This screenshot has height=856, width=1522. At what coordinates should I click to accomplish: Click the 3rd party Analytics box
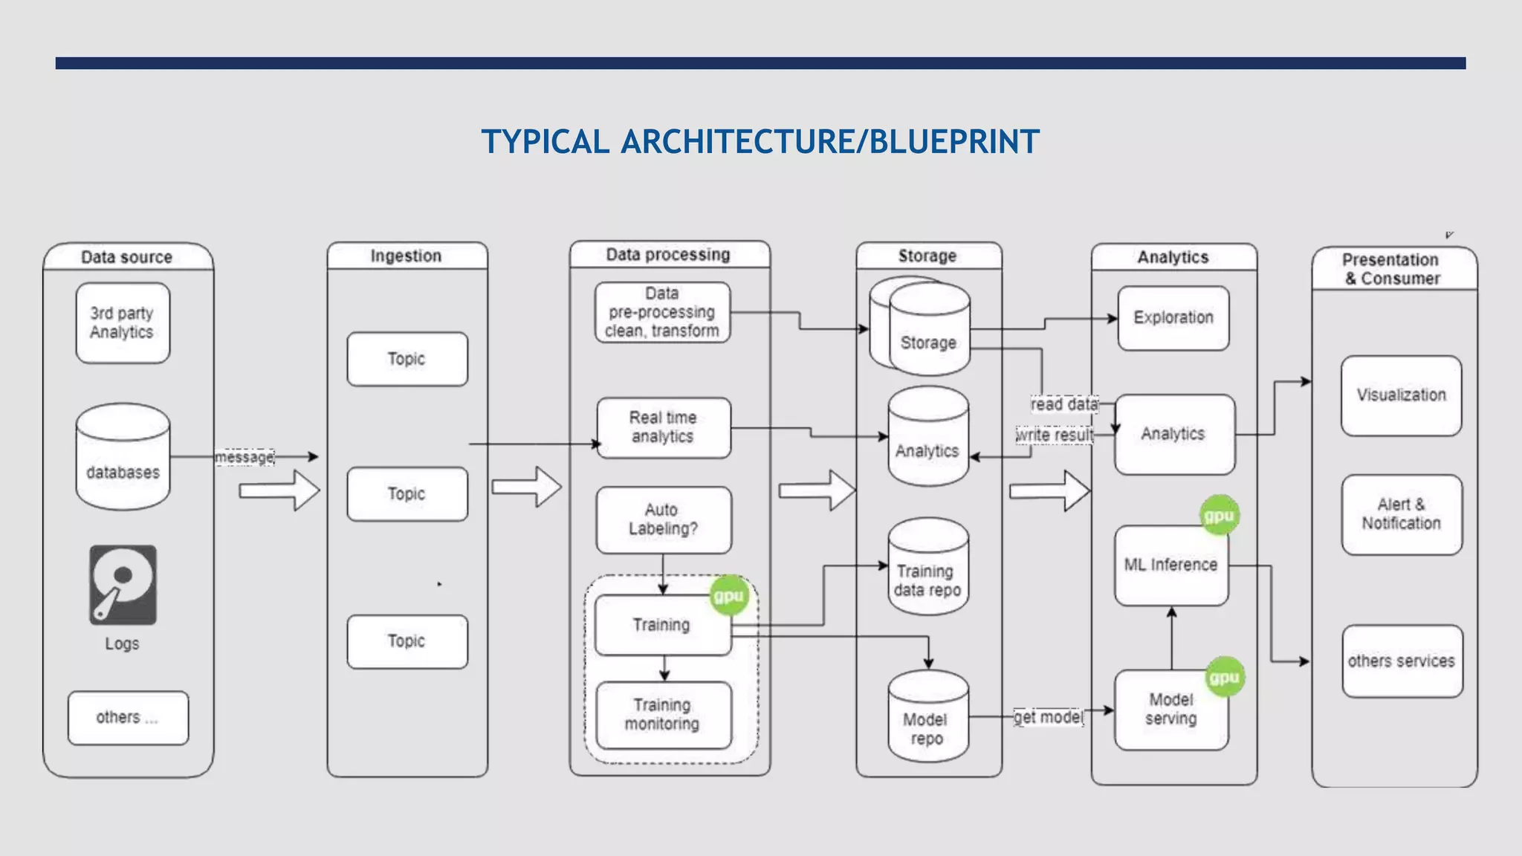coord(123,322)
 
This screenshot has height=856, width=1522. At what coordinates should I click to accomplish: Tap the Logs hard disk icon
coord(123,585)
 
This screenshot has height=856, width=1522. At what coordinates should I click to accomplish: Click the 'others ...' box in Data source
coord(128,718)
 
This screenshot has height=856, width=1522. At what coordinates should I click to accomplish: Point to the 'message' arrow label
coord(245,457)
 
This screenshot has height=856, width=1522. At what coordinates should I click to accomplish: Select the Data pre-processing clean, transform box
coord(662,312)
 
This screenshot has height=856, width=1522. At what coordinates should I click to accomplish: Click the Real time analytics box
coord(663,427)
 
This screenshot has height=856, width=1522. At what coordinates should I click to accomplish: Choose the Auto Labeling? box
coord(663,519)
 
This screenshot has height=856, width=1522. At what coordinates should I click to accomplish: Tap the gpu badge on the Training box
coord(728,596)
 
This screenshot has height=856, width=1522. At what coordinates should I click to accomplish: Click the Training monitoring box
coord(663,714)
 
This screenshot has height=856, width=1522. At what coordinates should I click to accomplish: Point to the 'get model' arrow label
coord(1049,717)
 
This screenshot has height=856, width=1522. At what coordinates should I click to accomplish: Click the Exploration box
coord(1173,318)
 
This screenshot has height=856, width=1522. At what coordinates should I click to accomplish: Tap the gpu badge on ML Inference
coord(1219,515)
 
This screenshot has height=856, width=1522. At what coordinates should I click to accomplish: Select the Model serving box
coord(1171,710)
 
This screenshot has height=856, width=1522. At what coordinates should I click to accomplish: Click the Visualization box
coord(1401,395)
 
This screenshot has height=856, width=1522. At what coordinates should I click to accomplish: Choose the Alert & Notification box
coord(1401,514)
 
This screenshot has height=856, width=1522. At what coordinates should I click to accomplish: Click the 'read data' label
coord(1064,404)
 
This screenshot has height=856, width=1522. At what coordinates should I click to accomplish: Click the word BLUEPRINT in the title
coord(954,142)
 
